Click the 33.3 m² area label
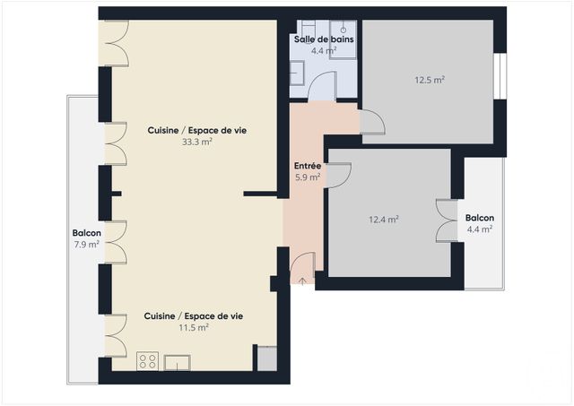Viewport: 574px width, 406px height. pyautogui.click(x=197, y=142)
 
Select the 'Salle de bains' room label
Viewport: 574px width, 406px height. pyautogui.click(x=323, y=39)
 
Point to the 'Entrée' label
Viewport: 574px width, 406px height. pyautogui.click(x=308, y=166)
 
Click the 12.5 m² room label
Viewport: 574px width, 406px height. pyautogui.click(x=430, y=80)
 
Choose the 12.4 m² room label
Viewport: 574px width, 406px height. pyautogui.click(x=384, y=219)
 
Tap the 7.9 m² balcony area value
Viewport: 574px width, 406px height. pyautogui.click(x=87, y=245)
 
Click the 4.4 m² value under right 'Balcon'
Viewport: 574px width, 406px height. pyautogui.click(x=480, y=229)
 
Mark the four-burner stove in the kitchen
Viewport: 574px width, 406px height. pyautogui.click(x=148, y=361)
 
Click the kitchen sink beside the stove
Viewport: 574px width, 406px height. pyautogui.click(x=177, y=362)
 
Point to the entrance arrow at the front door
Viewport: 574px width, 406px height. pyautogui.click(x=302, y=281)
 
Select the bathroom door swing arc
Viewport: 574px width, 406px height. pyautogui.click(x=322, y=87)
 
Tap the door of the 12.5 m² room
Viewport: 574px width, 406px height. pyautogui.click(x=371, y=123)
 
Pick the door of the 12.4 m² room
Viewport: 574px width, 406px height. pyautogui.click(x=338, y=175)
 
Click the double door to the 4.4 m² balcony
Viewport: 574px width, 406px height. pyautogui.click(x=446, y=220)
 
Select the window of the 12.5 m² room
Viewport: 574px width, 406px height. pyautogui.click(x=500, y=78)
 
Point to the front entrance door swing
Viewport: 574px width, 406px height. pyautogui.click(x=303, y=265)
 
